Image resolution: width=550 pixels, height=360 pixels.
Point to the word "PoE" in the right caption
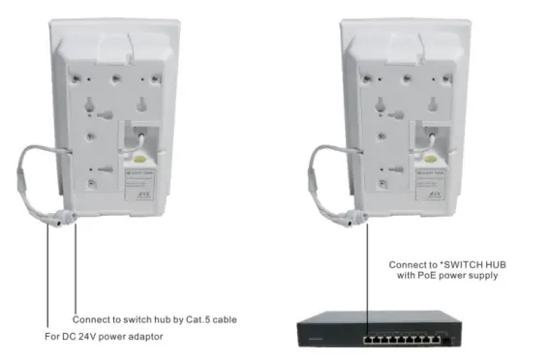pos(426,276)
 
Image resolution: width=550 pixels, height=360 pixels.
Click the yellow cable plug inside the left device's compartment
pos(141,152)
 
